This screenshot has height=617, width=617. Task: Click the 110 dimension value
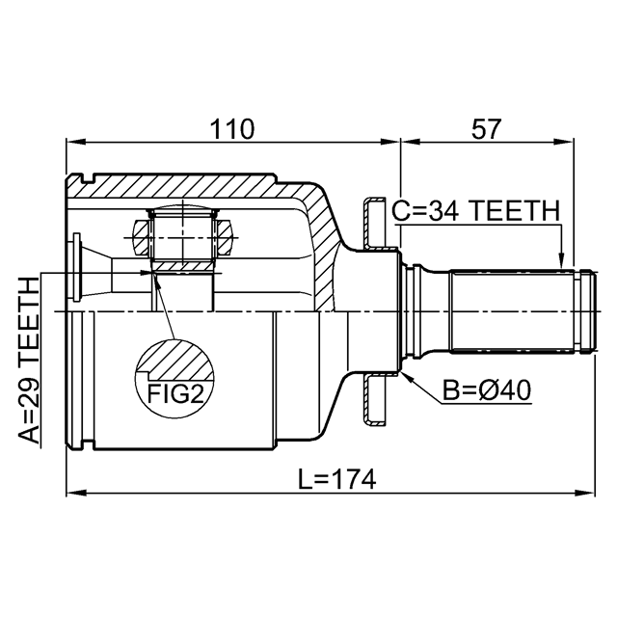click(x=231, y=129)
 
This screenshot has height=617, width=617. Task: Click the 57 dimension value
click(x=486, y=129)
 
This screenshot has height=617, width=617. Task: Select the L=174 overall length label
click(x=336, y=478)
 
